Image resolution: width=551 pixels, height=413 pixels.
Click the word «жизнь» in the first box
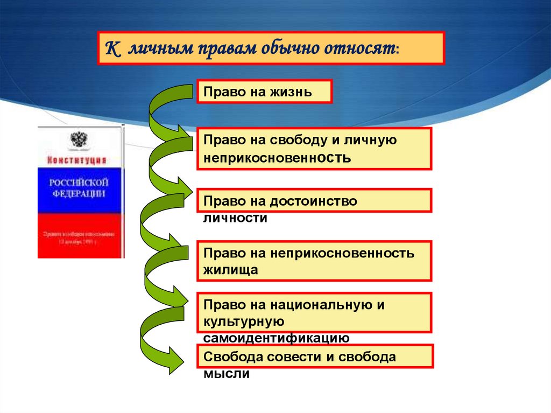coord(291,92)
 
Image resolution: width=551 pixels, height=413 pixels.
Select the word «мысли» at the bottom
coord(226,374)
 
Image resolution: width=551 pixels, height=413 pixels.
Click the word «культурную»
coord(243,321)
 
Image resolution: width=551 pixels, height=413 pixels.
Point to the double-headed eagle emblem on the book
coord(79,141)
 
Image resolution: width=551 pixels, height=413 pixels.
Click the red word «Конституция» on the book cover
coord(77,160)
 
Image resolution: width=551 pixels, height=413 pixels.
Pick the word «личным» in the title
coord(152,49)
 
